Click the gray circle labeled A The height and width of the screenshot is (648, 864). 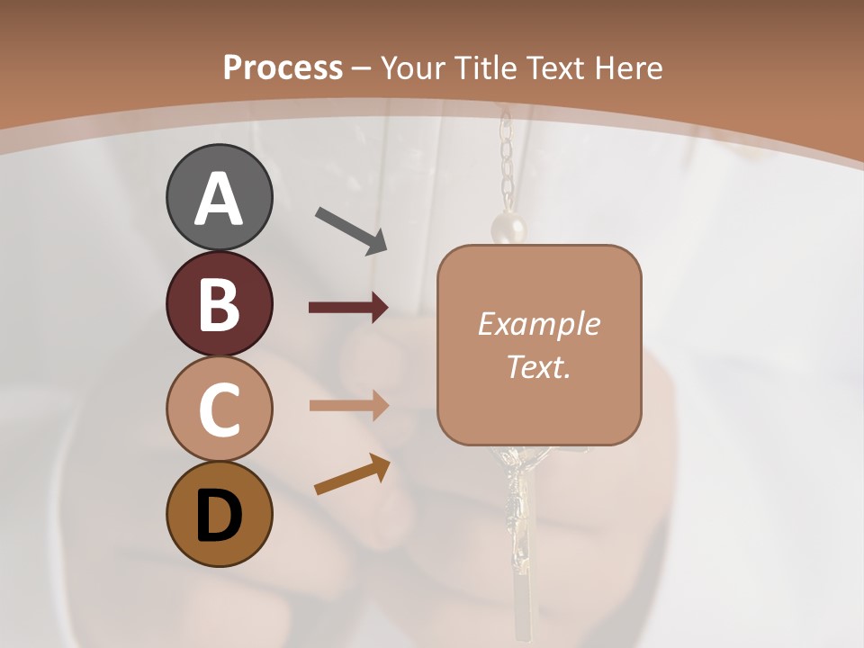219,198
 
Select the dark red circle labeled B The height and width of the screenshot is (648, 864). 219,304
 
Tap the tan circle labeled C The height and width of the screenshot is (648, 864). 219,409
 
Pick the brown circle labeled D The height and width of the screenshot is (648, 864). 219,515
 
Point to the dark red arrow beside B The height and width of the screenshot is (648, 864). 348,308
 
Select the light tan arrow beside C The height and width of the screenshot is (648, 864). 348,406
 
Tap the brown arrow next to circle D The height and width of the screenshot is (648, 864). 352,476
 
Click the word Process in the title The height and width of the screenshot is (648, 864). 283,67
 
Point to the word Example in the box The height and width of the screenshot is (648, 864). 539,324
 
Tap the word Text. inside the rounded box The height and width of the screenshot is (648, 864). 539,367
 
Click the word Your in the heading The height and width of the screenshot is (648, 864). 413,67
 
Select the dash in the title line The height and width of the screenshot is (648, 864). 362,68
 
